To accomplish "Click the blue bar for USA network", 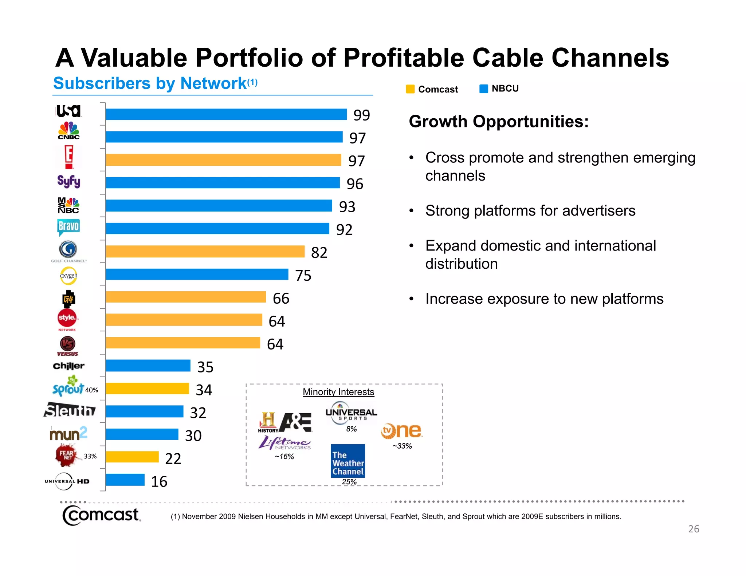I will [x=226, y=114].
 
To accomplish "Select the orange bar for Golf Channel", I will [x=205, y=252].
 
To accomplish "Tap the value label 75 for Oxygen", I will [x=303, y=276].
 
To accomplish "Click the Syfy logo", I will [x=68, y=181].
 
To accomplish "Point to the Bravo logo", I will [x=68, y=226].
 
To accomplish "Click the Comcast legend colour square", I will [x=410, y=89].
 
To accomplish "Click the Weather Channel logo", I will [x=348, y=461].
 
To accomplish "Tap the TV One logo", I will [x=401, y=431].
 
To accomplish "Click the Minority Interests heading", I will [x=338, y=392].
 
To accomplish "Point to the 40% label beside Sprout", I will [x=91, y=390].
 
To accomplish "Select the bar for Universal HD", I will [x=125, y=480].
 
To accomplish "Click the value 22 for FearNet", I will [x=173, y=459].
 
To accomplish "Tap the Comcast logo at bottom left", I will [x=101, y=515].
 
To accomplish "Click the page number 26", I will [x=694, y=529].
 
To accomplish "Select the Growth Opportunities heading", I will [x=498, y=122].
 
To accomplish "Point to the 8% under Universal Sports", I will [x=351, y=429].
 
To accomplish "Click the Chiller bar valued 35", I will [x=148, y=366].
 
